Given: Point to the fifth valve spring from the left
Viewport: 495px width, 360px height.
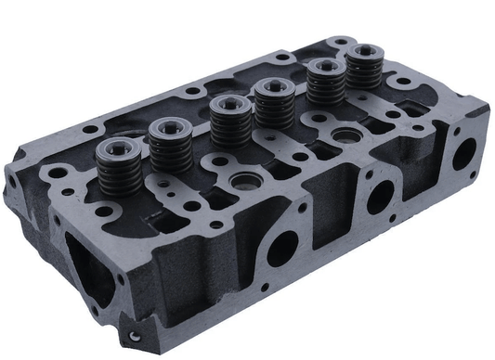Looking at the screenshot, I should pos(324,82).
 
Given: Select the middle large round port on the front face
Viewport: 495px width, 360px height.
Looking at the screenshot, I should pos(380,196).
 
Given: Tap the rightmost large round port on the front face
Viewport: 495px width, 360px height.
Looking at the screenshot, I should pos(462,153).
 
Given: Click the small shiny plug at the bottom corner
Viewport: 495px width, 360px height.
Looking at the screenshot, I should pos(135,336).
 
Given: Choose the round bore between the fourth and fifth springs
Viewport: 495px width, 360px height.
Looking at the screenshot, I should pos(347,135).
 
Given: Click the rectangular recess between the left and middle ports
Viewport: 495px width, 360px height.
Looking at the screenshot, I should pos(327,228).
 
